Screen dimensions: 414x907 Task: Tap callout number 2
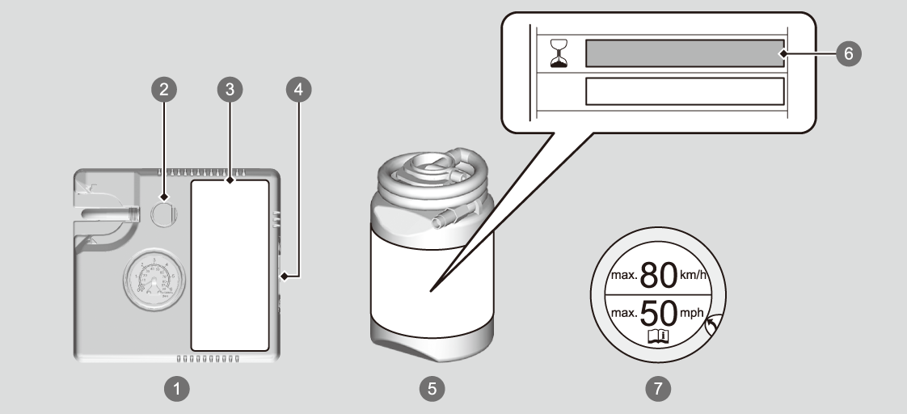click(x=164, y=90)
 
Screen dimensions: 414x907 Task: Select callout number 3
click(x=230, y=90)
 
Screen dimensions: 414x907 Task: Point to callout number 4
click(x=298, y=90)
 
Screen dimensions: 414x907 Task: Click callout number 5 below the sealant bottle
click(x=432, y=389)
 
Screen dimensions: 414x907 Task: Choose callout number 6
click(x=848, y=53)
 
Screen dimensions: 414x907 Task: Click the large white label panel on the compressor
click(x=230, y=265)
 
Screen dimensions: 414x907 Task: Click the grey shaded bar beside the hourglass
click(x=684, y=53)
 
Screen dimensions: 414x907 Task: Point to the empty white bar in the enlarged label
click(x=684, y=91)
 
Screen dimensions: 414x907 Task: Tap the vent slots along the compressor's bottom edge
click(x=209, y=357)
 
